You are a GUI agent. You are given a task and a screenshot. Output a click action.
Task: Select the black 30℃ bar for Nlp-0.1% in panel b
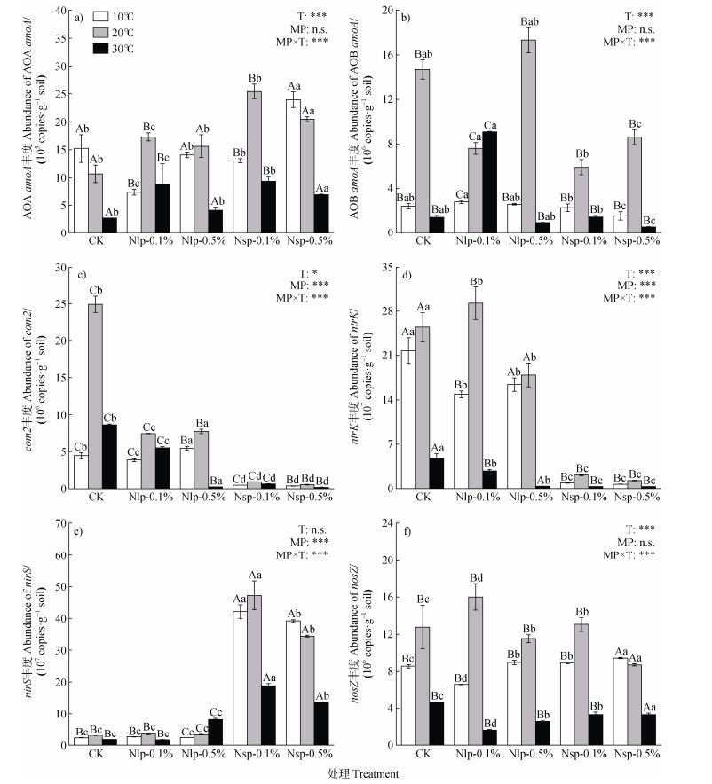pyautogui.click(x=489, y=183)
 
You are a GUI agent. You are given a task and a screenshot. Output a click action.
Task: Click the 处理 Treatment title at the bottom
pyautogui.click(x=355, y=773)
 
